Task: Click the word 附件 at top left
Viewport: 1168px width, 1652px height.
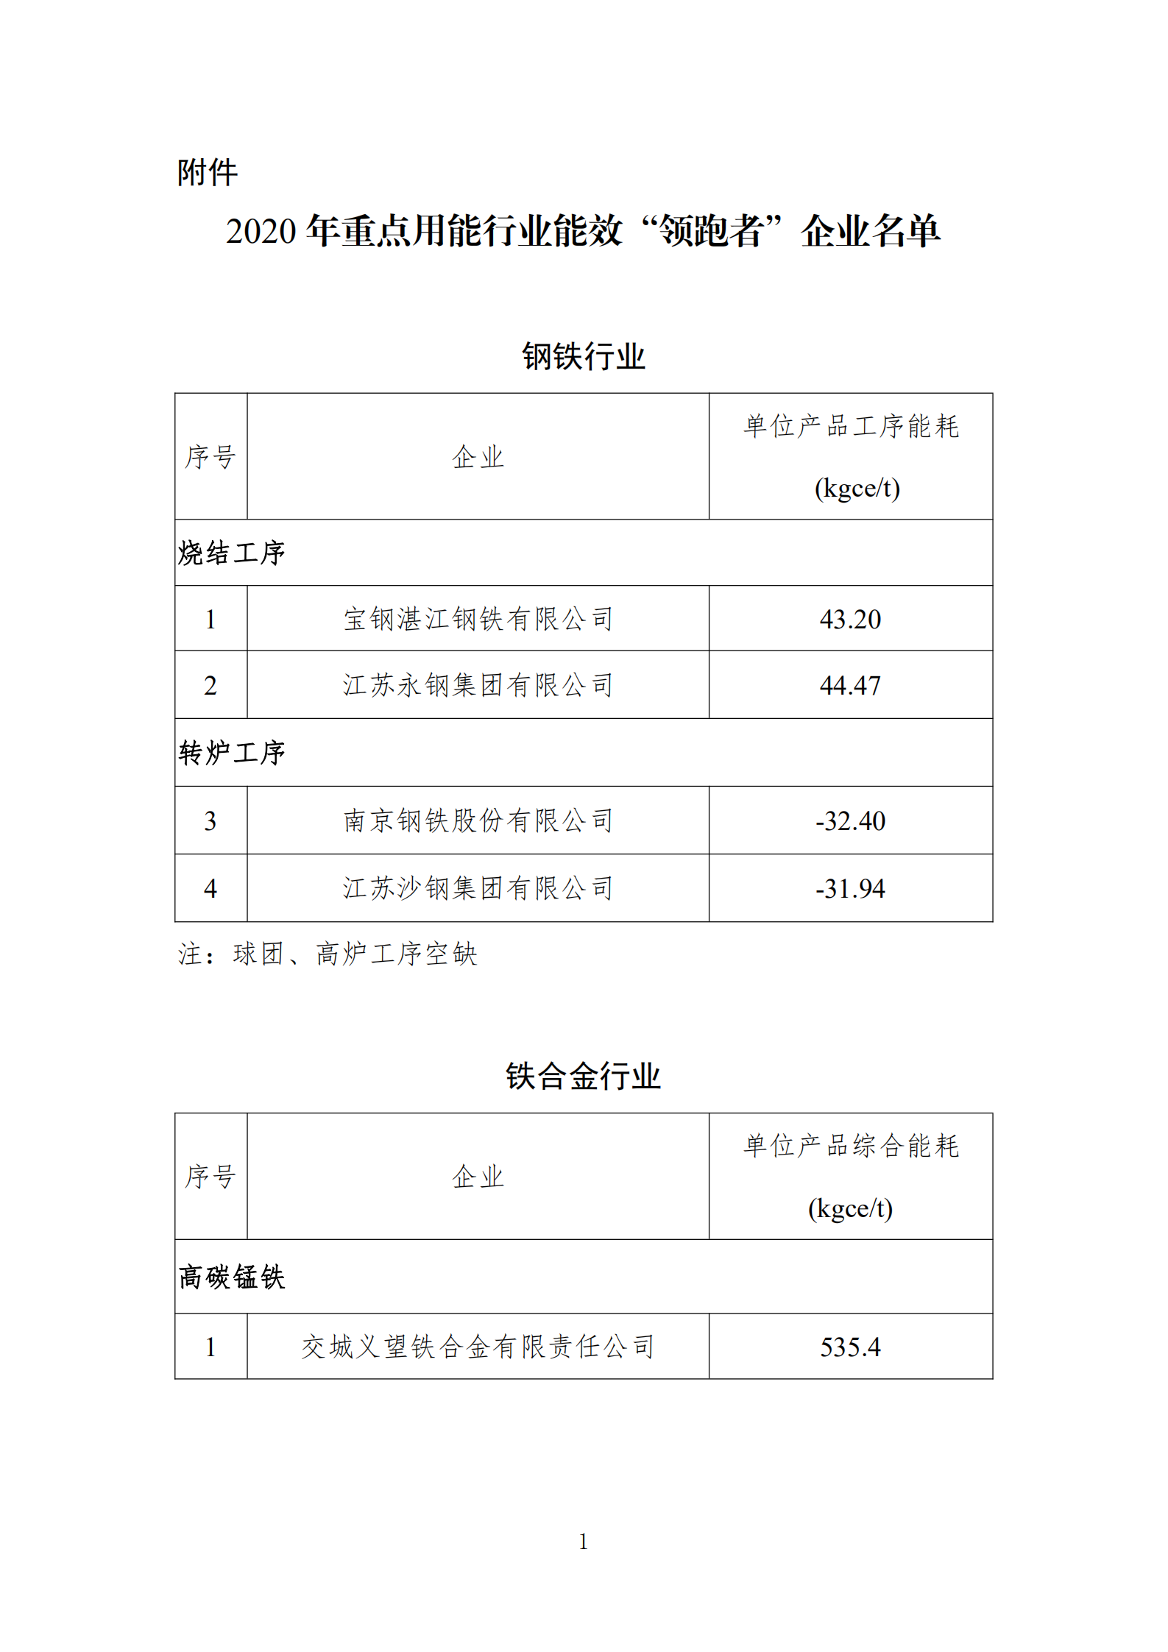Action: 207,173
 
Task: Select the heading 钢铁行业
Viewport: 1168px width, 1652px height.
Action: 583,357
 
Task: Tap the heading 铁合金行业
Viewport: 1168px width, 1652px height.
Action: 583,1077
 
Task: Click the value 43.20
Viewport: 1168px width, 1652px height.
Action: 850,620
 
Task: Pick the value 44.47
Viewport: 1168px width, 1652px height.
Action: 850,686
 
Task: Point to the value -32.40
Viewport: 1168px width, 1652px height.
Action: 850,821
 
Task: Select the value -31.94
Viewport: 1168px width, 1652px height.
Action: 850,889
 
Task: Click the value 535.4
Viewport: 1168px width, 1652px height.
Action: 850,1347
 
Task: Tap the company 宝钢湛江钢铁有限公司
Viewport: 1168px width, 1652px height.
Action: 478,620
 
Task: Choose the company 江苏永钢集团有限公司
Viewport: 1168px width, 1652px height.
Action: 478,686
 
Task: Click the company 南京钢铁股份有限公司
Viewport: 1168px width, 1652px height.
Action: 478,821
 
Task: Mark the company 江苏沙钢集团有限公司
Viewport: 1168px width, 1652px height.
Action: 478,889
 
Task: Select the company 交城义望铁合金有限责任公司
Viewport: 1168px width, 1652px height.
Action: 478,1347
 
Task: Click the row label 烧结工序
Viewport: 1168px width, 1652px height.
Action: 231,553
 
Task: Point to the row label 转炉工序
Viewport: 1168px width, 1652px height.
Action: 231,753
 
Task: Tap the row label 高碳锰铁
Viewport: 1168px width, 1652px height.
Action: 231,1277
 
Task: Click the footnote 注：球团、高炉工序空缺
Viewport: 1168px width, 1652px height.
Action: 328,954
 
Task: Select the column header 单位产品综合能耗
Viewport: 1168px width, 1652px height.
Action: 851,1146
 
